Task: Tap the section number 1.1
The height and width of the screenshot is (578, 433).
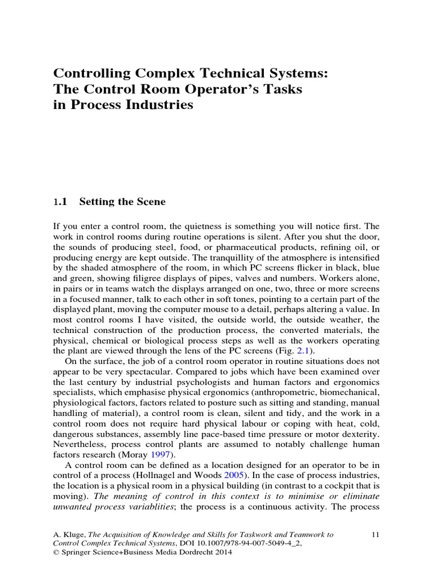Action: (x=60, y=200)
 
